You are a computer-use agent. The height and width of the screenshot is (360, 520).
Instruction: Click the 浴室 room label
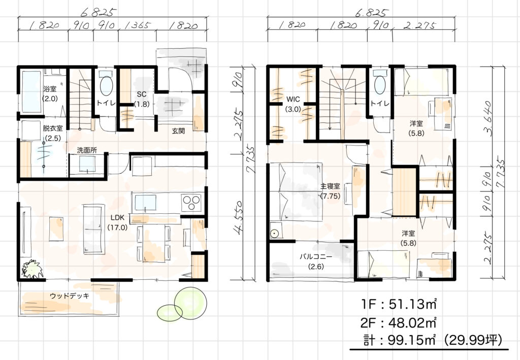coord(50,89)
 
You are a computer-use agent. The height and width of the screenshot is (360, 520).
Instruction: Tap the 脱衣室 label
coord(53,128)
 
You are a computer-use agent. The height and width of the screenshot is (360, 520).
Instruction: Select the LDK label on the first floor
coord(117,217)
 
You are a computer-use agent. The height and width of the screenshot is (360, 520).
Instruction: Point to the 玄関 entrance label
coord(178,131)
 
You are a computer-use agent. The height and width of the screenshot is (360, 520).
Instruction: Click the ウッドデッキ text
coord(70,296)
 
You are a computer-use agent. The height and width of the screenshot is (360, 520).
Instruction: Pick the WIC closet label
coord(293,99)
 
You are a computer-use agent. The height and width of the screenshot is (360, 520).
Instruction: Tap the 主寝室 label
coord(330,186)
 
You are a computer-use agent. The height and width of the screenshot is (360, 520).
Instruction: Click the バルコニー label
coord(316,256)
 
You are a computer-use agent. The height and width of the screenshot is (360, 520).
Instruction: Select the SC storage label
coord(142,94)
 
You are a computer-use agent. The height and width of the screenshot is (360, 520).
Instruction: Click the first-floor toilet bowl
coord(106,86)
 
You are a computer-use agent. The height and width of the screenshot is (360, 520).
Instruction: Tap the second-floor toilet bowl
coord(380,85)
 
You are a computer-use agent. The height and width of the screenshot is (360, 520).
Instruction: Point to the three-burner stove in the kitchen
coord(191,203)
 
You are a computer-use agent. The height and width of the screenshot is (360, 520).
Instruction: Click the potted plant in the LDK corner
coord(32,269)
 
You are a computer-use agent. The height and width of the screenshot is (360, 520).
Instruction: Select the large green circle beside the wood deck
coord(190,303)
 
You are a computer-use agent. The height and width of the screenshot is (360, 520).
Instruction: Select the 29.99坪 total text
coord(472,340)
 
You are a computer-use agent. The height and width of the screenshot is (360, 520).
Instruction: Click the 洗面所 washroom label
coord(87,150)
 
